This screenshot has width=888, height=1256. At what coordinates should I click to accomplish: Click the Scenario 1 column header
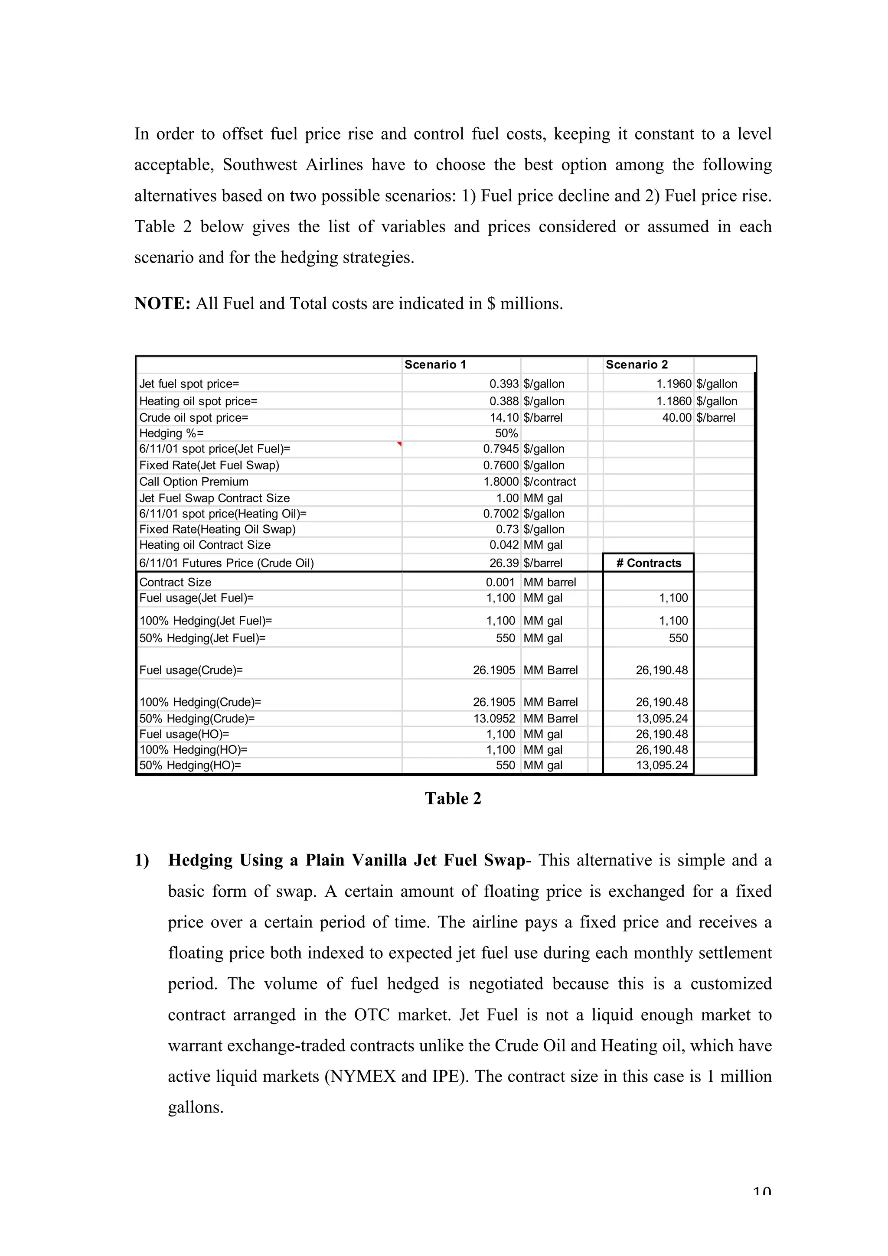pos(435,365)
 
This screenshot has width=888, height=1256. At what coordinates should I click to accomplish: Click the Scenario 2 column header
pos(637,365)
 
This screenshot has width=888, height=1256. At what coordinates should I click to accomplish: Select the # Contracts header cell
pos(648,563)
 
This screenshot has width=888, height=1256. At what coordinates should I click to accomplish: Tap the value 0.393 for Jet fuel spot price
pos(503,384)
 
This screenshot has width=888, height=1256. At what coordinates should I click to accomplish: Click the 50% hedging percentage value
pos(506,433)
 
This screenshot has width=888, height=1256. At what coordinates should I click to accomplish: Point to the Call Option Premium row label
pos(194,482)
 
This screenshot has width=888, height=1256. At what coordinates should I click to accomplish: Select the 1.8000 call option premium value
pos(501,482)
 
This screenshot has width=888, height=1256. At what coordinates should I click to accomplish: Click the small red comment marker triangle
pos(400,444)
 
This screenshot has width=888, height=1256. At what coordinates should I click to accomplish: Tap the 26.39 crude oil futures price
pos(503,563)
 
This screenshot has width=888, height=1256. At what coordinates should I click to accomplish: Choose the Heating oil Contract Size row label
pos(205,545)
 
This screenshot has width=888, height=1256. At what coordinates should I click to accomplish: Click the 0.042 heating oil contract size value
pos(503,545)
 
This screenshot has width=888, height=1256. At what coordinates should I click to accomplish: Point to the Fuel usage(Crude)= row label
pos(191,670)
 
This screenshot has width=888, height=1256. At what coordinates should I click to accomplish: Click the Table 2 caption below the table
pos(453,799)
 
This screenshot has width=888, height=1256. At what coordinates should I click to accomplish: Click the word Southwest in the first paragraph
pos(260,165)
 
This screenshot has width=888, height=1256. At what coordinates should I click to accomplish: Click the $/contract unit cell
pos(549,482)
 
